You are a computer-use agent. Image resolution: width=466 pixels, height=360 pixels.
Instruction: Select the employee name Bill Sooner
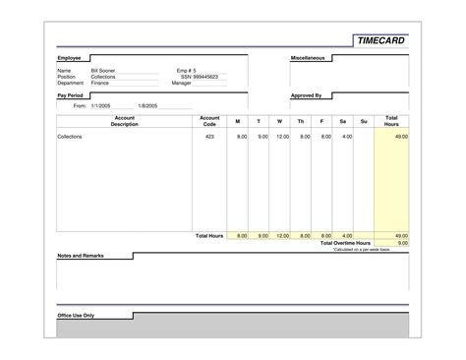[103, 71]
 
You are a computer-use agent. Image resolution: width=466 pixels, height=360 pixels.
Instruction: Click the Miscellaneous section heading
[309, 59]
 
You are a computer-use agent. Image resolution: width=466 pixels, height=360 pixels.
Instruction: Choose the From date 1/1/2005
[101, 104]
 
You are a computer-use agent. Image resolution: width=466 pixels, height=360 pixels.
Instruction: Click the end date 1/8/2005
[148, 104]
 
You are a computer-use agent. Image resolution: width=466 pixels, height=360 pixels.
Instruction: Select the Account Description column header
[124, 121]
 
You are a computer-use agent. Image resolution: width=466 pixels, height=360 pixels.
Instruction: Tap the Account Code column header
[209, 121]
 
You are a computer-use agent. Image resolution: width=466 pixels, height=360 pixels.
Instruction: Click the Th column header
[302, 122]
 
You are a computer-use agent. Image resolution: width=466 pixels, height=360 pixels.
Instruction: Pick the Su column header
[364, 122]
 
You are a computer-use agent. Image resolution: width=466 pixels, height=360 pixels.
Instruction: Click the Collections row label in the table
[70, 137]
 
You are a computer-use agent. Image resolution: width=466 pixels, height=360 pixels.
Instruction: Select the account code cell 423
[209, 137]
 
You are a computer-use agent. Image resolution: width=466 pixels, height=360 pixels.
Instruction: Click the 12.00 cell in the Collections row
[283, 137]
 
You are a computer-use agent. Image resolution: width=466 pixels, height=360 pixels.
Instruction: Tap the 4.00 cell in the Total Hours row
[347, 236]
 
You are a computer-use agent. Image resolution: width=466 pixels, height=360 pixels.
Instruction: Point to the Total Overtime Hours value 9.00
[401, 243]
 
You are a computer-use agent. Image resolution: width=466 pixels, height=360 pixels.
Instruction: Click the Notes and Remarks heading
[81, 256]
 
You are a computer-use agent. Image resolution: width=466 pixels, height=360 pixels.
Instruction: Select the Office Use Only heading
[76, 316]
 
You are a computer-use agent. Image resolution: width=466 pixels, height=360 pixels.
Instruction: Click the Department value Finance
[100, 83]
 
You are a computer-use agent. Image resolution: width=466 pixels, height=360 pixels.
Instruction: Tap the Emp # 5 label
[187, 71]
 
